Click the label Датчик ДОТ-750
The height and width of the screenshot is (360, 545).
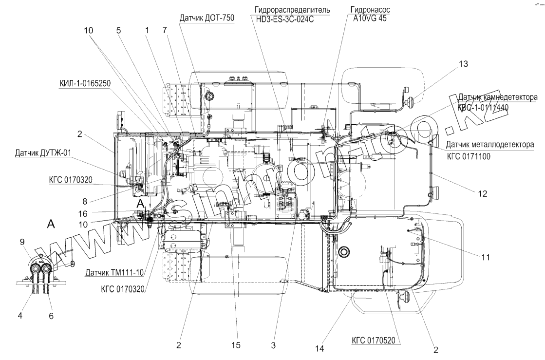(x=207, y=18)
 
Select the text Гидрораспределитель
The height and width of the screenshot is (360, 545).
(x=293, y=10)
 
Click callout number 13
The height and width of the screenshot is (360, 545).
(x=463, y=64)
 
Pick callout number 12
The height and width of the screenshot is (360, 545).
(x=482, y=193)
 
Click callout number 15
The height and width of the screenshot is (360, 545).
(x=236, y=345)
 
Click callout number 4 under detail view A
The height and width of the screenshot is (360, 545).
(x=20, y=315)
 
